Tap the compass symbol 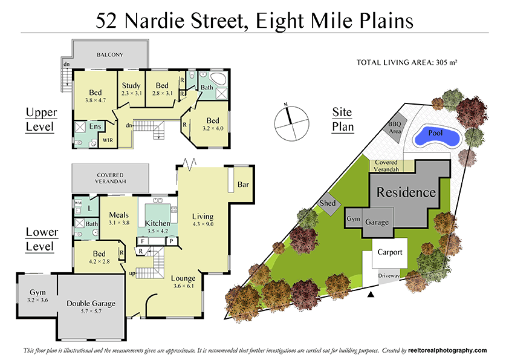click(x=290, y=122)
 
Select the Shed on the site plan click(x=328, y=204)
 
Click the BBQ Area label click(x=395, y=128)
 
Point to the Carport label click(x=389, y=252)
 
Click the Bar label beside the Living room click(x=244, y=184)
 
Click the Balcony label click(x=109, y=56)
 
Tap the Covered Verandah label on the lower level click(x=109, y=178)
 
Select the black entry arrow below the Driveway click(x=371, y=295)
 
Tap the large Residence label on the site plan click(x=406, y=193)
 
